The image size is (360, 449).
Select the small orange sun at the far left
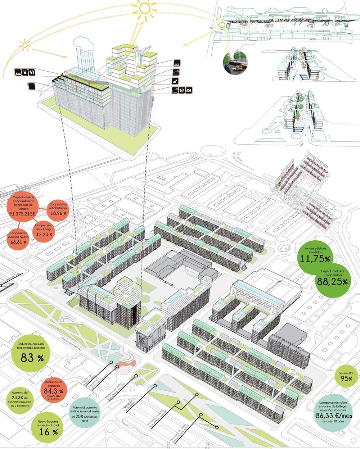coord(25,45)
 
